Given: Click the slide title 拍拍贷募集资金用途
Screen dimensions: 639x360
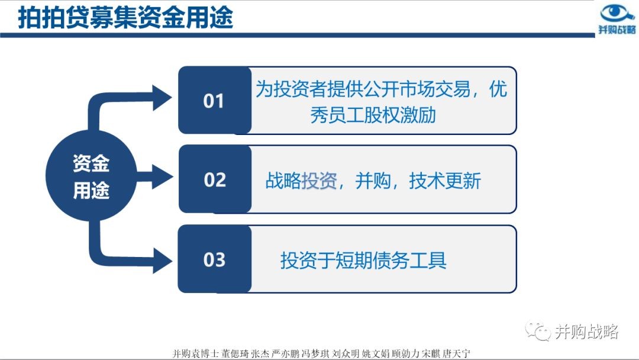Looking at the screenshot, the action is click(125, 17).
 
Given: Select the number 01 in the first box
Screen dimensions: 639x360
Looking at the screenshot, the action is click(214, 101).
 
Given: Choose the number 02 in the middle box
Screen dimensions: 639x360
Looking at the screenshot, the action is click(215, 180).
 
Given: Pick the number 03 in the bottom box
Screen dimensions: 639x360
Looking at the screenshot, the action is click(214, 260).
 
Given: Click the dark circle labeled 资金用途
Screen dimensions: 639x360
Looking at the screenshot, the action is click(91, 176).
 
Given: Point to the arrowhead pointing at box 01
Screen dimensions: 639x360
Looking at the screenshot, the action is click(162, 98).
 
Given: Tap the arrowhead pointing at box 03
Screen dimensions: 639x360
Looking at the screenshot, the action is click(162, 260).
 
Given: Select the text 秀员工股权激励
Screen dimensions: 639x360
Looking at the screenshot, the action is click(373, 115).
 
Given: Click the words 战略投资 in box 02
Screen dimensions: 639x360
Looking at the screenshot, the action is click(301, 181).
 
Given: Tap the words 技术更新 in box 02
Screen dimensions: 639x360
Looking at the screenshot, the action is click(445, 181).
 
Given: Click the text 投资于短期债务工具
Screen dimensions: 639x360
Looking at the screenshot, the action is click(363, 260).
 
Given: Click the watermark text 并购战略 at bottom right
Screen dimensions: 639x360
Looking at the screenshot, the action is click(587, 332).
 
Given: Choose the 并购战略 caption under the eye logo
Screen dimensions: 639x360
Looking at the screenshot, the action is click(617, 30).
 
